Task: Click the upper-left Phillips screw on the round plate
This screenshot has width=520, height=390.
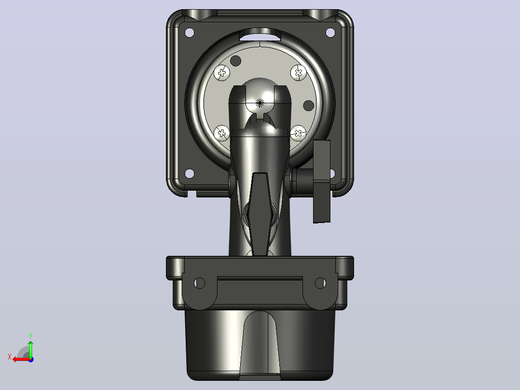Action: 222,72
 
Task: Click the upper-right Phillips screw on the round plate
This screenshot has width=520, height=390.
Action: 299,72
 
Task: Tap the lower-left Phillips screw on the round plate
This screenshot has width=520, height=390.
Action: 222,133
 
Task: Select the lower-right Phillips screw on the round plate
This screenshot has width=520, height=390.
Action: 298,133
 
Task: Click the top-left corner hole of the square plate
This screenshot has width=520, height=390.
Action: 190,32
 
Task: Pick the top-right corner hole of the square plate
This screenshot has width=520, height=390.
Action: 330,32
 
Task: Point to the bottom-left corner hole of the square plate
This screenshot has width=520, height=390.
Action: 190,173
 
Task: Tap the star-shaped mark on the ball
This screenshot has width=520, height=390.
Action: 260,103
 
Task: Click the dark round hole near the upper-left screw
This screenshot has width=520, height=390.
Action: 236,61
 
